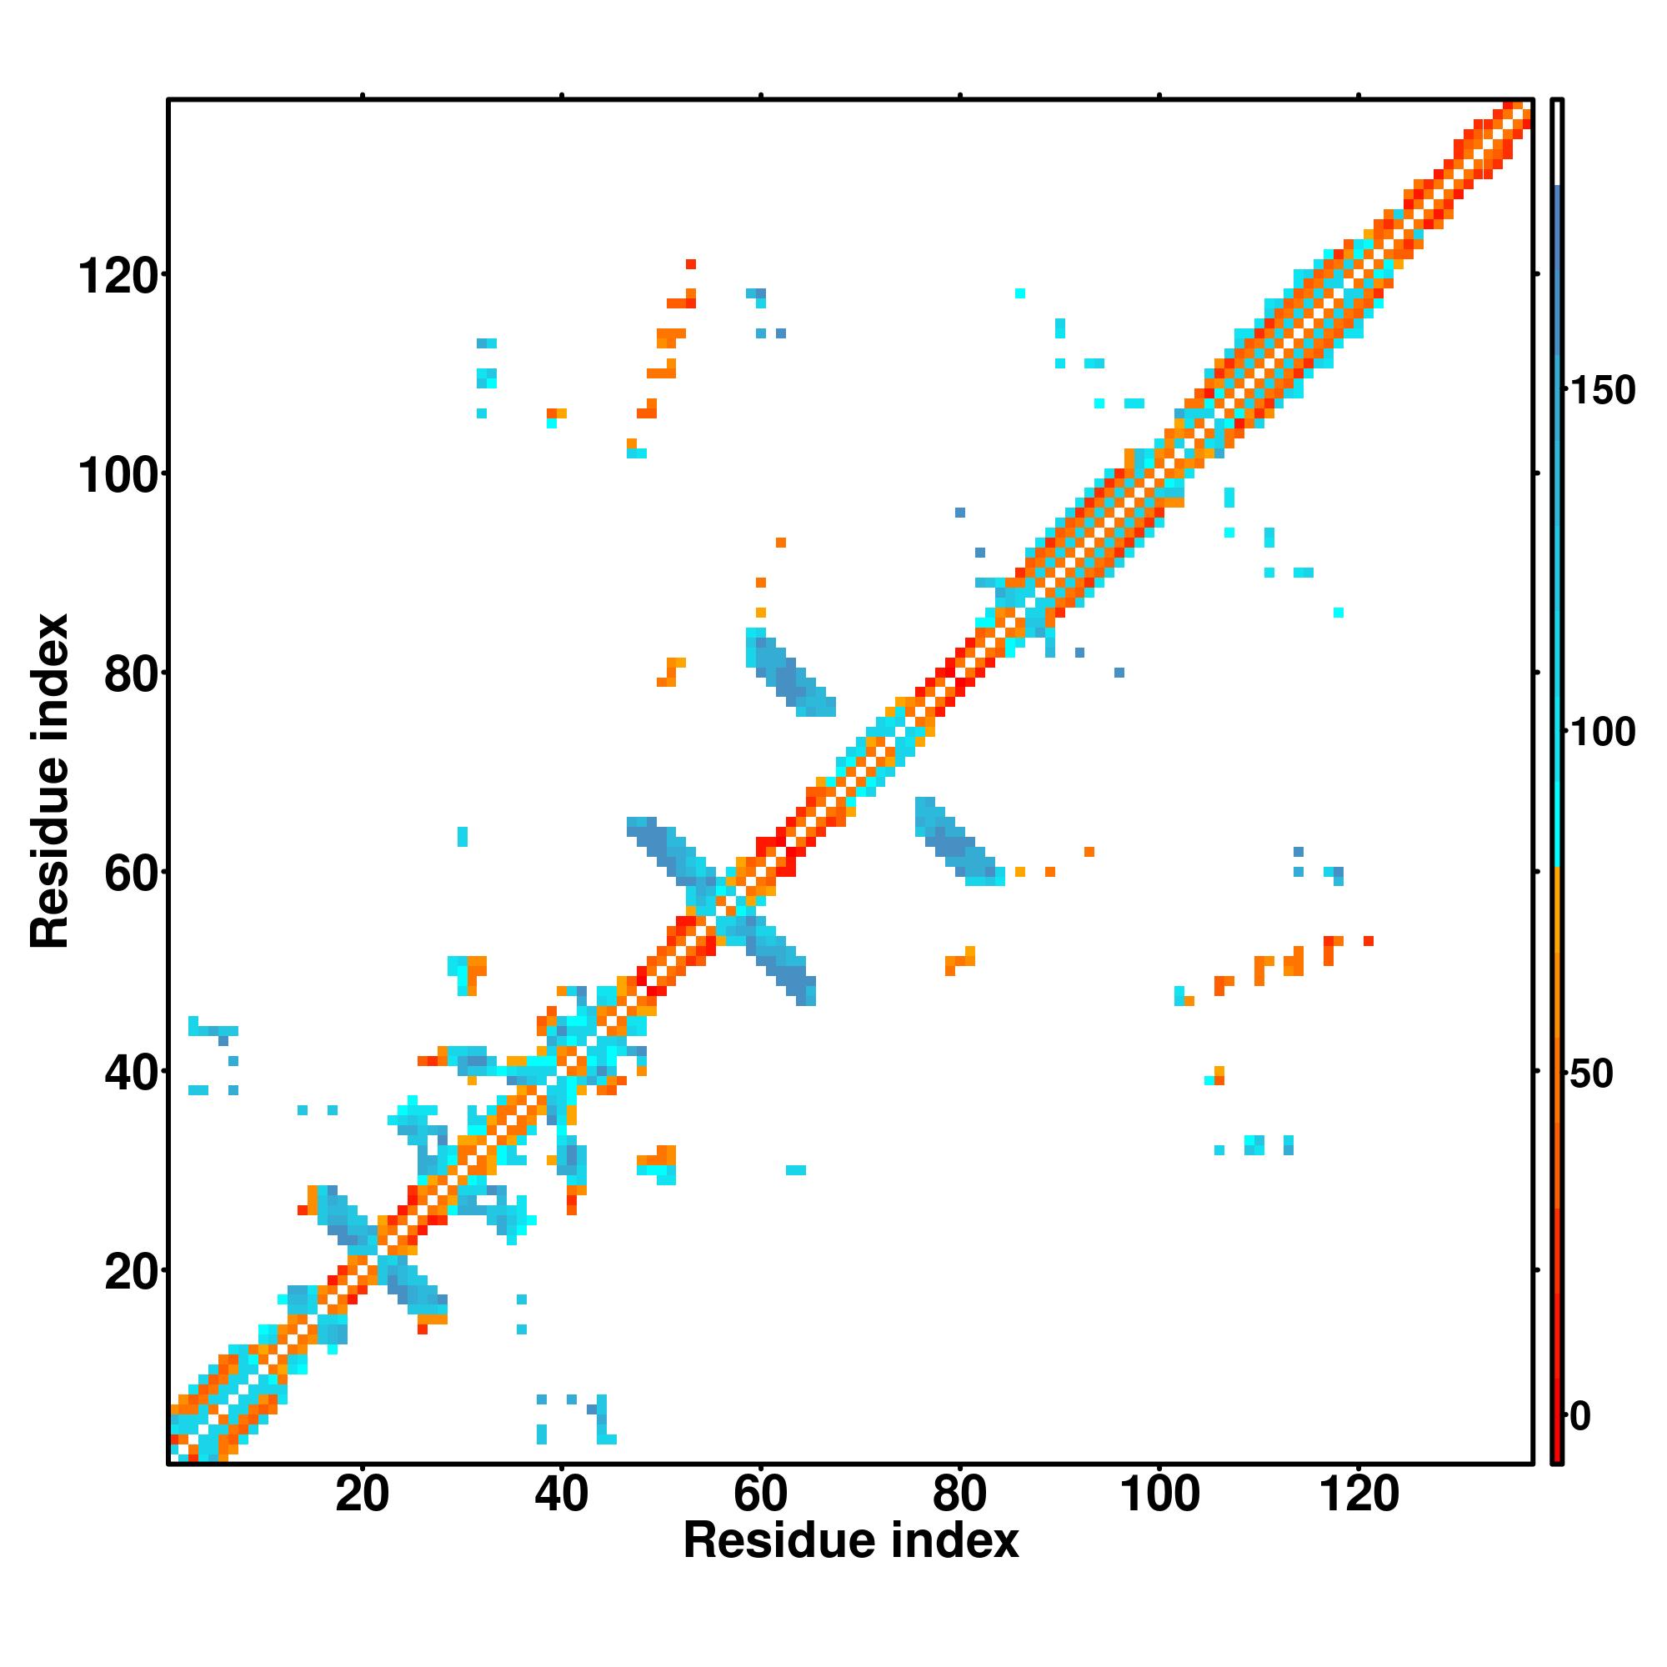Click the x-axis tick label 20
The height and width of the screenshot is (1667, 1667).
[x=362, y=1494]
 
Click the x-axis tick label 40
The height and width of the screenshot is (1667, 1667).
[x=561, y=1494]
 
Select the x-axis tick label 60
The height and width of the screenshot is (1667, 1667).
[x=760, y=1494]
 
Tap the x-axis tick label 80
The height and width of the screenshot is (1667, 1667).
[x=959, y=1494]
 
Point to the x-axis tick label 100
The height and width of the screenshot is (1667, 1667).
[x=1159, y=1494]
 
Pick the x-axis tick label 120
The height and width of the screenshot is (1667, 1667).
[x=1359, y=1494]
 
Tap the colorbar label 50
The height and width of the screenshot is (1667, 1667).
[x=1593, y=1074]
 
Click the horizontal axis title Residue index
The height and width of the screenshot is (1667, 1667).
[x=851, y=1541]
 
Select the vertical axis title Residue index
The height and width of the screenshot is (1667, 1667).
[x=50, y=782]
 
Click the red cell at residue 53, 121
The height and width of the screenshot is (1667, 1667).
[x=690, y=264]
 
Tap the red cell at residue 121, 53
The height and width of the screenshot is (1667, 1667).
[x=1369, y=940]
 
